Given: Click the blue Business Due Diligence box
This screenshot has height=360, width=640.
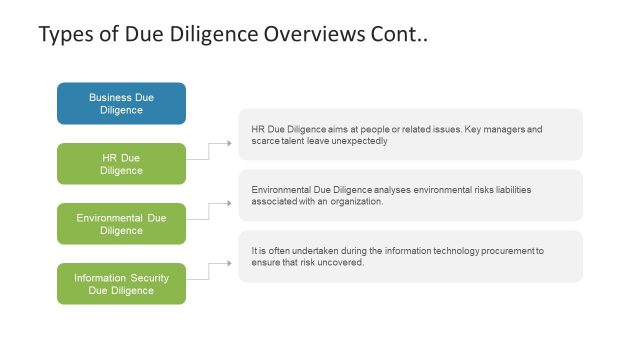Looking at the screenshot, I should point(121,103).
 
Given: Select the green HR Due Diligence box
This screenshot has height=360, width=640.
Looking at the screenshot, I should point(121,164).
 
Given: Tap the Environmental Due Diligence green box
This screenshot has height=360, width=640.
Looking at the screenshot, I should point(121,224).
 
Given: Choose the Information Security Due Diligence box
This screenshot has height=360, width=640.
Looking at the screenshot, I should point(121,284).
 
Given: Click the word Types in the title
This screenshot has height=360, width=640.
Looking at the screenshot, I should point(66,36).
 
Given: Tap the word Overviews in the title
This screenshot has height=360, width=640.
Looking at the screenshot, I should point(313,36).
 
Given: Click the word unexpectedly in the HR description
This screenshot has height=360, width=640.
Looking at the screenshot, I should point(355,141).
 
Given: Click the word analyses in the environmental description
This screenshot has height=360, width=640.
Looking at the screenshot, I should point(370,189).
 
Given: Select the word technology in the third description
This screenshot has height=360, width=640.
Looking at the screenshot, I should point(431,250).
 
